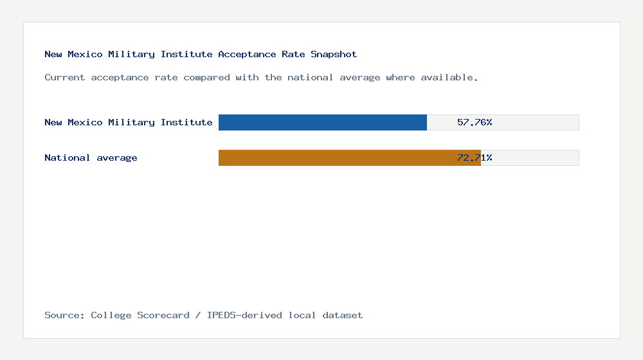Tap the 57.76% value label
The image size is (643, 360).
tap(475, 122)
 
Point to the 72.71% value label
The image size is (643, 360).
tap(475, 157)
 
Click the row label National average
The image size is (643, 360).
tap(91, 157)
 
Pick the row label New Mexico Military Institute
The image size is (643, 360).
tap(129, 122)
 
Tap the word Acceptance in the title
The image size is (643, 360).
tap(247, 54)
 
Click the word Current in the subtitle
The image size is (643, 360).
tap(65, 77)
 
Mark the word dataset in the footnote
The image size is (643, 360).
tap(343, 315)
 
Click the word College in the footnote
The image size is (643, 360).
tap(108, 315)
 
